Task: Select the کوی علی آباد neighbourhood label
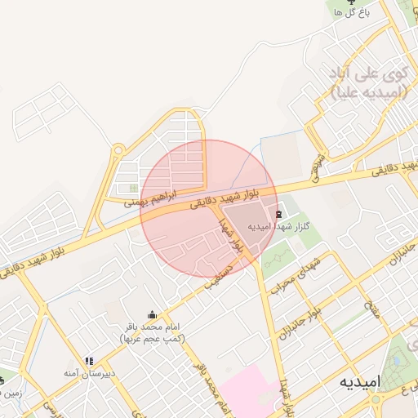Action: click(x=368, y=83)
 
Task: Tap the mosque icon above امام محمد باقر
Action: click(x=152, y=314)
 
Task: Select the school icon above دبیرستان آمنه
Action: click(x=89, y=360)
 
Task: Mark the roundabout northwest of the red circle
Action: click(x=119, y=150)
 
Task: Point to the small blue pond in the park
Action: click(x=399, y=357)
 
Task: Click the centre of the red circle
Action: click(x=206, y=209)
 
